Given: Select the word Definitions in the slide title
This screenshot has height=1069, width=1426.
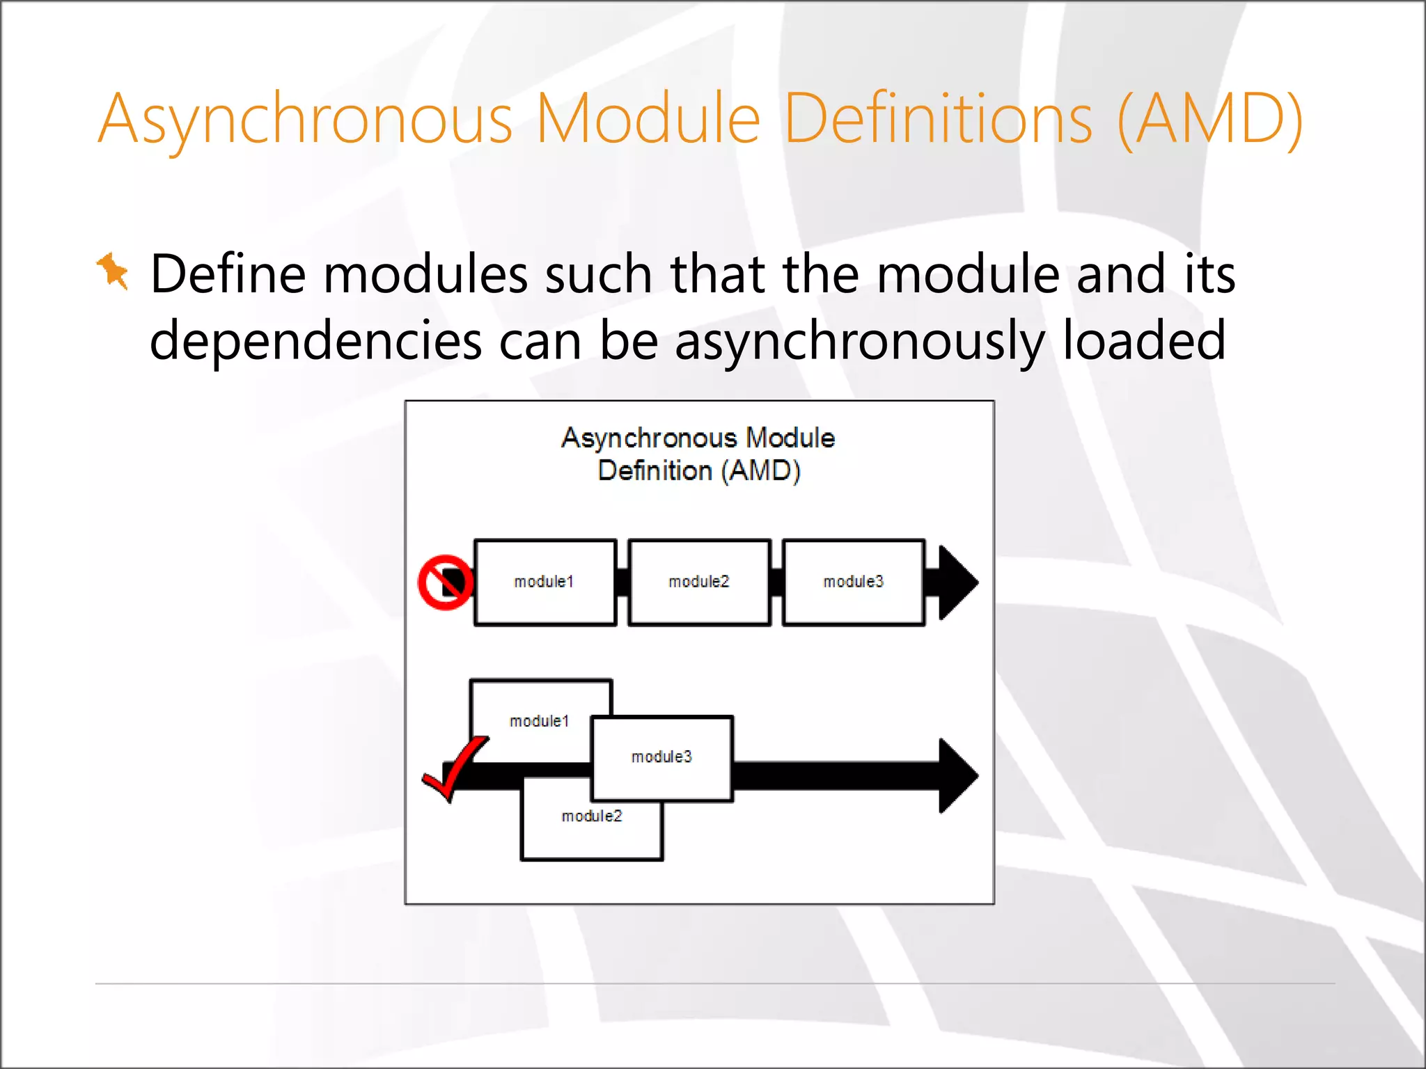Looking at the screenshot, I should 938,120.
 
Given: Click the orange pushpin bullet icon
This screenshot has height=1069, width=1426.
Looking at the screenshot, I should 113,271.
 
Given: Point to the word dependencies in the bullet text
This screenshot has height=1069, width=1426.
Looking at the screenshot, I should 315,341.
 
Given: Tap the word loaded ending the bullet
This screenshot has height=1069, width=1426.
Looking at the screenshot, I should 1143,341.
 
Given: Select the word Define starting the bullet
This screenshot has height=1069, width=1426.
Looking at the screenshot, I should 228,274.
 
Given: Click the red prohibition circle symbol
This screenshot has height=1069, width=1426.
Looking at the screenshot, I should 445,583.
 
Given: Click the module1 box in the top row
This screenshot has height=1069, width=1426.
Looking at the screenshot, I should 544,582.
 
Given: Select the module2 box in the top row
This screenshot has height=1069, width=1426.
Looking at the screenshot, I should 699,582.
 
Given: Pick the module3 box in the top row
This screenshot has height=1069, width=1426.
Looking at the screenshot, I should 854,582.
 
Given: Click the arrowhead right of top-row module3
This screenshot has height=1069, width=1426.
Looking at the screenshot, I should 957,583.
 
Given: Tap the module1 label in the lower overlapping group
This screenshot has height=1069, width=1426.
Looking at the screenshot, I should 539,722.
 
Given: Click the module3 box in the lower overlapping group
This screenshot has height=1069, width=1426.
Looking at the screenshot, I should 661,757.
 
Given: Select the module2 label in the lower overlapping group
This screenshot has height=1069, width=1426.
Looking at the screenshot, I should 592,816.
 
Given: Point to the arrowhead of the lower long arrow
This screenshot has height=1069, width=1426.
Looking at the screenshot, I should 958,775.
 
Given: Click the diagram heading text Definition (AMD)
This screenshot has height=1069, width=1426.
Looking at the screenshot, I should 699,471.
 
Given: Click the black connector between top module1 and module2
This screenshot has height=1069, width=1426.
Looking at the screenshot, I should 622,583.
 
